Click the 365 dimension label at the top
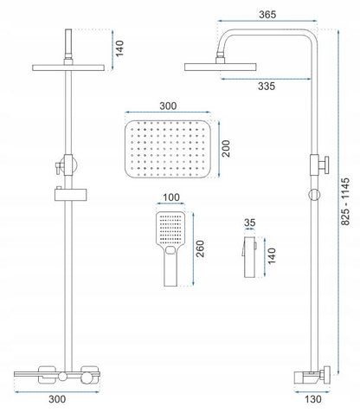click(267, 15)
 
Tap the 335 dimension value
click(267, 86)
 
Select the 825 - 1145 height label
click(345, 202)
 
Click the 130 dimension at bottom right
click(313, 399)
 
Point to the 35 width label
click(249, 223)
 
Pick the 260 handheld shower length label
click(200, 248)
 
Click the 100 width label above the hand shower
click(171, 197)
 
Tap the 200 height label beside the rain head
click(226, 148)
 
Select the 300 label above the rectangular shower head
click(168, 106)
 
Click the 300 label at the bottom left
click(57, 399)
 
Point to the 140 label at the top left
click(119, 48)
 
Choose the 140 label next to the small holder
click(272, 255)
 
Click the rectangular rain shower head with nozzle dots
click(168, 149)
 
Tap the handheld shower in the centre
click(170, 248)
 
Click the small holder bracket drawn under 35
click(249, 257)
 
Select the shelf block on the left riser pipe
click(71, 194)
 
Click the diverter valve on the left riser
click(67, 165)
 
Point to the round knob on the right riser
click(314, 195)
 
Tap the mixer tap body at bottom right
click(312, 377)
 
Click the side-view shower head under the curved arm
click(221, 67)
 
